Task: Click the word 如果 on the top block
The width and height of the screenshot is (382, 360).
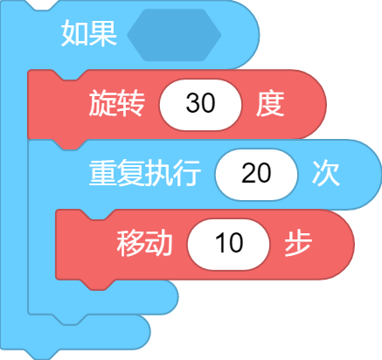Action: point(89,33)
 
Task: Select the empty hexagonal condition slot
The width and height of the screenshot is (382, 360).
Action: point(174,35)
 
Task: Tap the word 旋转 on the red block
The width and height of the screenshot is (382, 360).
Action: point(116,103)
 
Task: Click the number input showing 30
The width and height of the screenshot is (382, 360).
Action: point(200,105)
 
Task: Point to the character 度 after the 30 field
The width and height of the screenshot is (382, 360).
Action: point(270,104)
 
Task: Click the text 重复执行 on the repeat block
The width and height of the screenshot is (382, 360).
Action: point(145,173)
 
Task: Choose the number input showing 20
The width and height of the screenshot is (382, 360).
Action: point(256,174)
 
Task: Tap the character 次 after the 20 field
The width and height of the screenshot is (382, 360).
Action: point(326,173)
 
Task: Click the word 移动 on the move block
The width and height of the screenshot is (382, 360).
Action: point(144,243)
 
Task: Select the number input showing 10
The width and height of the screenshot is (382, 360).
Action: point(229,245)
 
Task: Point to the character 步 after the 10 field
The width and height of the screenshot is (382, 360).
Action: point(298,243)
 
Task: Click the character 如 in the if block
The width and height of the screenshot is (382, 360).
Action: point(75,33)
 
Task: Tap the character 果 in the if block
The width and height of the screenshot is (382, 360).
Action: point(103,33)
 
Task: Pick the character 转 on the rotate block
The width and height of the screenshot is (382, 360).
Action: point(131,103)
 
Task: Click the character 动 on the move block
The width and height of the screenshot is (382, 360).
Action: point(159,243)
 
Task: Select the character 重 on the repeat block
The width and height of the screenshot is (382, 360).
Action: point(102,173)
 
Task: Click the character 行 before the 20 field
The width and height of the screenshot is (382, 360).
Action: point(187,174)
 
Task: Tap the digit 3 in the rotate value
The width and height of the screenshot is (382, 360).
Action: point(192,103)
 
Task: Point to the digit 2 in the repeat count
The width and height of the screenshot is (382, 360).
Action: point(248,173)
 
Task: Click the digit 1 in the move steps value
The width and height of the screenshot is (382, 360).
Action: point(221,243)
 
